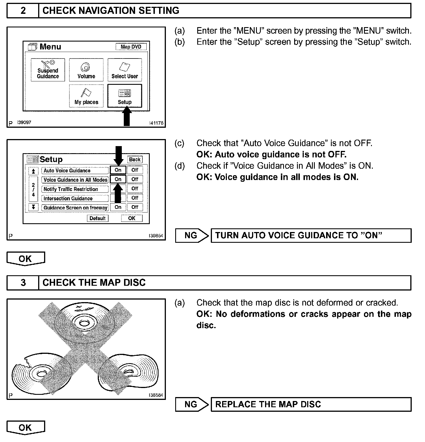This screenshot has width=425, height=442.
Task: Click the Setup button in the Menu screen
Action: click(125, 96)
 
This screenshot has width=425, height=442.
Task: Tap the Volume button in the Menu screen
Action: click(86, 70)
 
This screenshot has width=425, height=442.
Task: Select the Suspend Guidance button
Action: click(48, 70)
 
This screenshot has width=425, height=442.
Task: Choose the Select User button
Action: click(125, 70)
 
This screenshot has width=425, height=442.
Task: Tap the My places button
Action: click(86, 96)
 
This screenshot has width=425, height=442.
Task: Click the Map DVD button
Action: click(131, 47)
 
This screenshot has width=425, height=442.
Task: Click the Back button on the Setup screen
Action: click(135, 159)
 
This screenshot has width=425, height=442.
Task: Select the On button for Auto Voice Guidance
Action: click(118, 170)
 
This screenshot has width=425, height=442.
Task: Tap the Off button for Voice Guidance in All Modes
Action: click(135, 179)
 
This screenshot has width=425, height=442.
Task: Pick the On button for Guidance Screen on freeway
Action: click(118, 207)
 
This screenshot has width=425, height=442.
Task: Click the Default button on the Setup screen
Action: click(97, 218)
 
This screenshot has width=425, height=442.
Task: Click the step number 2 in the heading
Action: click(23, 11)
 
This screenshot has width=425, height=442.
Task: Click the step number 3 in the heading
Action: click(23, 283)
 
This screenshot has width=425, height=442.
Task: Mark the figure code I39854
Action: click(156, 236)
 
